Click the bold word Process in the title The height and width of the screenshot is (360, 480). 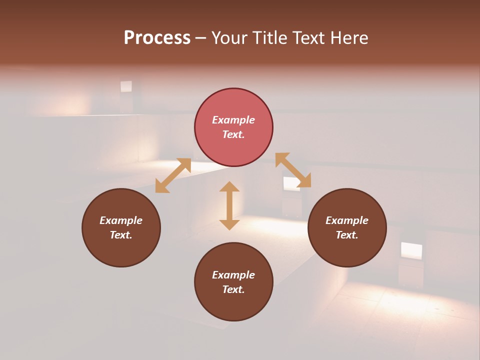[x=157, y=38]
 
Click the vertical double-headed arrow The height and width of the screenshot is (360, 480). [x=229, y=205]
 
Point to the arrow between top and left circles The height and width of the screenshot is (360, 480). [x=173, y=175]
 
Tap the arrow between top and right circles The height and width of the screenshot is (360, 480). [x=293, y=170]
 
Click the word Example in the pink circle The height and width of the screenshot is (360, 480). [x=233, y=120]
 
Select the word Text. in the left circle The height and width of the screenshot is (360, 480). [x=121, y=235]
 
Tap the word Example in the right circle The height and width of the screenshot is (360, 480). [x=347, y=220]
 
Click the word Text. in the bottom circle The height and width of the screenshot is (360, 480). [x=233, y=289]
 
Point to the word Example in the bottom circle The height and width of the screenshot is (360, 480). [x=233, y=275]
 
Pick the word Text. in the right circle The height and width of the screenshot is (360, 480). [x=347, y=235]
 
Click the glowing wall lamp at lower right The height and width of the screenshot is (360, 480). [x=411, y=250]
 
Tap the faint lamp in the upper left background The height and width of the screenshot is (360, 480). [x=126, y=86]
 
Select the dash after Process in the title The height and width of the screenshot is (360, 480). [x=201, y=38]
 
